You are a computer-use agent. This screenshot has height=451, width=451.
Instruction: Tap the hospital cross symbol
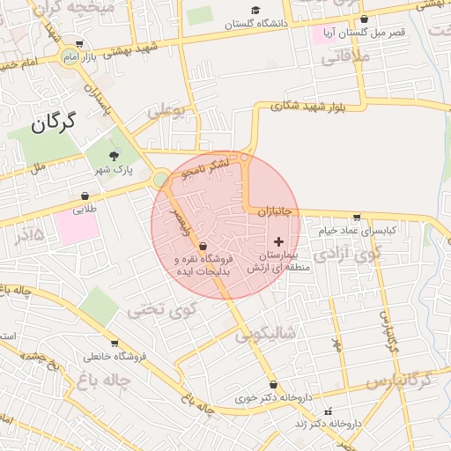coord(279,240)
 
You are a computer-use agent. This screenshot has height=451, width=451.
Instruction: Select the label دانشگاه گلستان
coord(256,25)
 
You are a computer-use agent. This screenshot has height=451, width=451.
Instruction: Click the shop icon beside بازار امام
coord(80,43)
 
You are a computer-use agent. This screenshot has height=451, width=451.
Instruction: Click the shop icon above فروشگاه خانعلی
coord(115,344)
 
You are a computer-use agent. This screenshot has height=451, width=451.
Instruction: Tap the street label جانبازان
coord(280,212)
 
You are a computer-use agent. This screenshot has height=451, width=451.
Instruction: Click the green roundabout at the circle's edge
coord(160,181)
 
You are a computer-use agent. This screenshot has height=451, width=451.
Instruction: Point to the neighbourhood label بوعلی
coord(168,112)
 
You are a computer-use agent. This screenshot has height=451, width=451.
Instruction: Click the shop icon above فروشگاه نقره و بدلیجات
coord(203,247)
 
